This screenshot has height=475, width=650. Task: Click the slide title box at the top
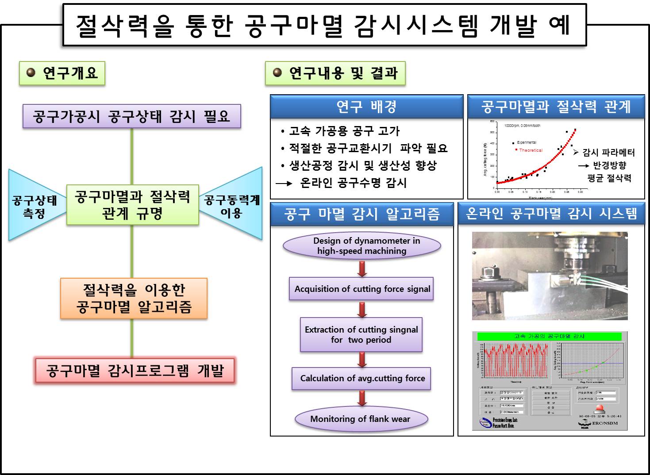(x=324, y=25)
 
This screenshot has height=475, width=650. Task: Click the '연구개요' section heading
(x=62, y=73)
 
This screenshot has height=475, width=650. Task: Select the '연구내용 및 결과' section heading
(x=335, y=73)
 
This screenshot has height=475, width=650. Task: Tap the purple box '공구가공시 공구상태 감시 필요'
(x=132, y=116)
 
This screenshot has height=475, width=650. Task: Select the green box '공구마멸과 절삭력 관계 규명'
(x=132, y=205)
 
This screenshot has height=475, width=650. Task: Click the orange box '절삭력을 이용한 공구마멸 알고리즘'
(x=134, y=298)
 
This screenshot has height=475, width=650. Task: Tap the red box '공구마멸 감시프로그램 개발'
(x=135, y=370)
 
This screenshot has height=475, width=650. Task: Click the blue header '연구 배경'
(x=366, y=106)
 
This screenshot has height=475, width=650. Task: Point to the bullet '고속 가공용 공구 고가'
(x=344, y=131)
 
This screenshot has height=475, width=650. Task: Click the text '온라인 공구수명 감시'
(x=353, y=183)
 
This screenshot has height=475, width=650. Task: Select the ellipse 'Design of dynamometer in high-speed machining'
(x=362, y=246)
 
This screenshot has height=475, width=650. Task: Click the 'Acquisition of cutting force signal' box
(x=362, y=289)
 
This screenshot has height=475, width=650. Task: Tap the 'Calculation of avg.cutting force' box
(x=362, y=378)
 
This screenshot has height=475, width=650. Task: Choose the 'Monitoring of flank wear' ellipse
(x=361, y=419)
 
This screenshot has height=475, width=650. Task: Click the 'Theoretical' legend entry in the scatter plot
(x=530, y=150)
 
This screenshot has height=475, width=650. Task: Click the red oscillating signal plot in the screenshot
(x=515, y=360)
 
